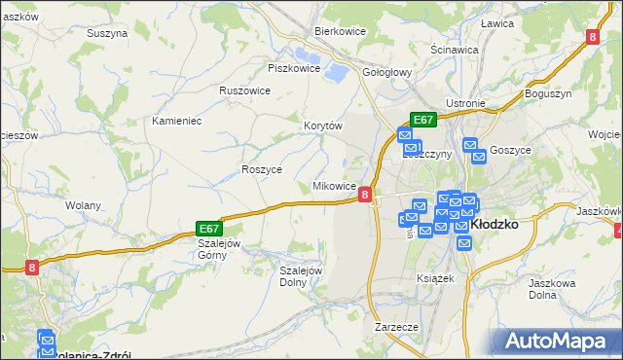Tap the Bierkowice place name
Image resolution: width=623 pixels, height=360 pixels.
(x=339, y=30)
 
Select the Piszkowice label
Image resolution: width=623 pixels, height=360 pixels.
(x=294, y=68)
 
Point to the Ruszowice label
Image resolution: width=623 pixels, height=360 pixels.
(x=244, y=90)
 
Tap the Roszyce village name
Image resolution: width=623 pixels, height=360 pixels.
(x=261, y=168)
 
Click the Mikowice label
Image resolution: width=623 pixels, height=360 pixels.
(x=333, y=186)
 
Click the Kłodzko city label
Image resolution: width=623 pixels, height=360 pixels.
(x=494, y=223)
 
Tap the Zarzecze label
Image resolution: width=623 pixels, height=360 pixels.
(x=396, y=327)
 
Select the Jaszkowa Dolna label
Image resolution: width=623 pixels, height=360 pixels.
(x=549, y=288)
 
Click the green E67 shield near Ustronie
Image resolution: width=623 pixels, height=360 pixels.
(x=422, y=120)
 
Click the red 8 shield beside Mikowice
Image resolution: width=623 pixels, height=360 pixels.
(x=364, y=195)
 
